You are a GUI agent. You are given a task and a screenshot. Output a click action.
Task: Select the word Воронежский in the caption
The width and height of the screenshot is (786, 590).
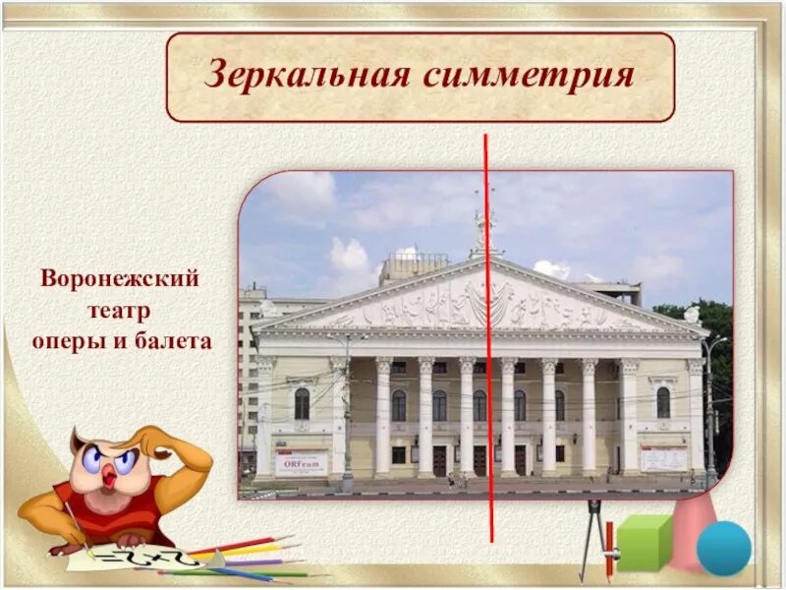pyautogui.click(x=120, y=279)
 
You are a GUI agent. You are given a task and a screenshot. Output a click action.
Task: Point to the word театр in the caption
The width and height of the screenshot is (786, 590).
pyautogui.click(x=122, y=311)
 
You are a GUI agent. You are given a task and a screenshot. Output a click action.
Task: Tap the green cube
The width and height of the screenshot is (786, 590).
pyautogui.click(x=643, y=541)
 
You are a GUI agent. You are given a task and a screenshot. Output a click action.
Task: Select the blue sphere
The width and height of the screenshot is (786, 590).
pyautogui.click(x=723, y=548)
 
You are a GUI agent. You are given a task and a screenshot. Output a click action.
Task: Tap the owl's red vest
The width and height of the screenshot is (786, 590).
pyautogui.click(x=128, y=506)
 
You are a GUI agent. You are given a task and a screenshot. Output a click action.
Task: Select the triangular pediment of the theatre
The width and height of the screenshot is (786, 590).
pyautogui.click(x=481, y=300)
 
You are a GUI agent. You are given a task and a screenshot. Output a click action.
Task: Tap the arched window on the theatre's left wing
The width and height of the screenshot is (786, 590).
pyautogui.click(x=302, y=403)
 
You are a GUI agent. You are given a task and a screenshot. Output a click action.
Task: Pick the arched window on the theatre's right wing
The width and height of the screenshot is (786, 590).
pyautogui.click(x=663, y=401)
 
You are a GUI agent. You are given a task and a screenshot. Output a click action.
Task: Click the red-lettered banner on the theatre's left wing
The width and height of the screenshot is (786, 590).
pyautogui.click(x=301, y=461)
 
